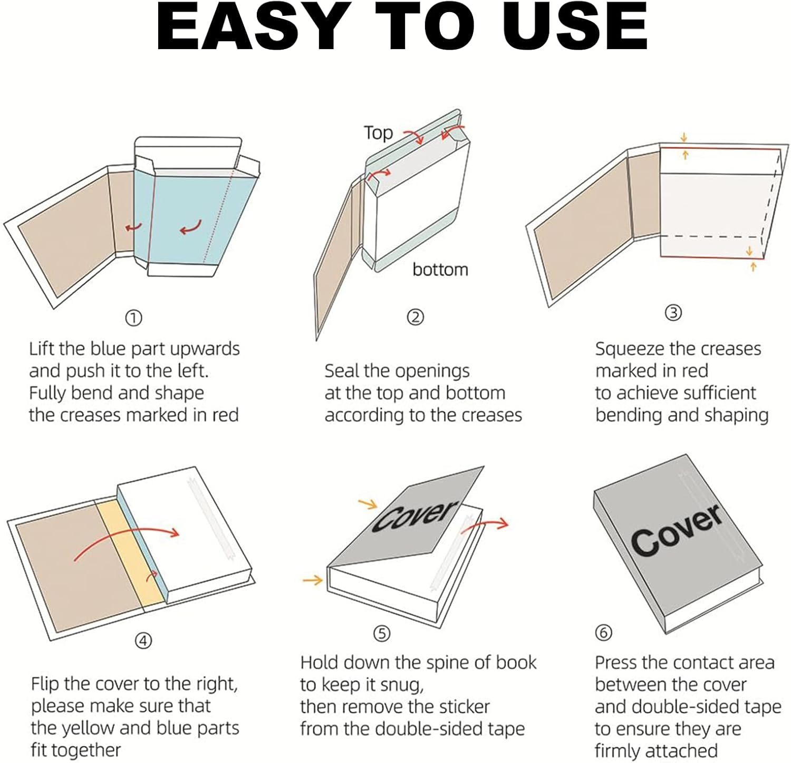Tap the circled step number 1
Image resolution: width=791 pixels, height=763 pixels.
pyautogui.click(x=133, y=318)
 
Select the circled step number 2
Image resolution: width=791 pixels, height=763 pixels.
pyautogui.click(x=416, y=317)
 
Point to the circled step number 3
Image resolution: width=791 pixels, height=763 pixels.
pyautogui.click(x=673, y=313)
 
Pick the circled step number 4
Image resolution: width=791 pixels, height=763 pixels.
pyautogui.click(x=143, y=641)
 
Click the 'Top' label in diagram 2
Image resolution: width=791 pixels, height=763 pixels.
pyautogui.click(x=378, y=132)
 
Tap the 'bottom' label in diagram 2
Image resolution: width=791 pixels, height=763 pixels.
pyautogui.click(x=440, y=270)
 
